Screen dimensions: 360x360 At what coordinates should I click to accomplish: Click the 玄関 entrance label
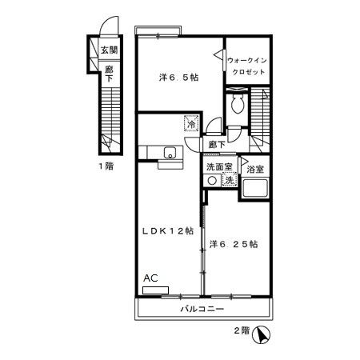109,50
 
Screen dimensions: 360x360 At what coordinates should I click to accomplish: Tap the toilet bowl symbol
237,104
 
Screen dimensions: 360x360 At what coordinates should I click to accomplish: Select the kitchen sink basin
170,153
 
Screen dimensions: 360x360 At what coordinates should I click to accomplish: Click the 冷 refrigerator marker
191,123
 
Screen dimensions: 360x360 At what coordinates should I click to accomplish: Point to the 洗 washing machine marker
230,180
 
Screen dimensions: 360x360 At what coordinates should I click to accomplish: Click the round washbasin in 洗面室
212,181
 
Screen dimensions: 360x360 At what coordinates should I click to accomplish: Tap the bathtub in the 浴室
255,189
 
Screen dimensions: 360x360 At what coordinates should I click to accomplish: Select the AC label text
150,278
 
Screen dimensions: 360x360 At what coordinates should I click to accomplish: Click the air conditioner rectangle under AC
155,290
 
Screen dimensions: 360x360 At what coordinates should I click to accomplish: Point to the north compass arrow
262,335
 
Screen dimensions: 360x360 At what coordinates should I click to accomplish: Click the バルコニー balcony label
202,309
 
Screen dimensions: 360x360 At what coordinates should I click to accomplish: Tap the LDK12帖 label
168,231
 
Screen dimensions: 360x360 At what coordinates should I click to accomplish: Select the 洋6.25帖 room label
234,244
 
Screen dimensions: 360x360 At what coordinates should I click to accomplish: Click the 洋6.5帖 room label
178,78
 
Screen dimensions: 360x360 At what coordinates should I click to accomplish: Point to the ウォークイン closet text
246,61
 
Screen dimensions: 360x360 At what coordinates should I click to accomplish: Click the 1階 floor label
106,166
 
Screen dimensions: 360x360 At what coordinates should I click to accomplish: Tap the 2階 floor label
242,330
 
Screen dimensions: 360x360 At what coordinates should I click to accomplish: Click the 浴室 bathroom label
255,169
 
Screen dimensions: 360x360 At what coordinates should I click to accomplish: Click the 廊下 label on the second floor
217,145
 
